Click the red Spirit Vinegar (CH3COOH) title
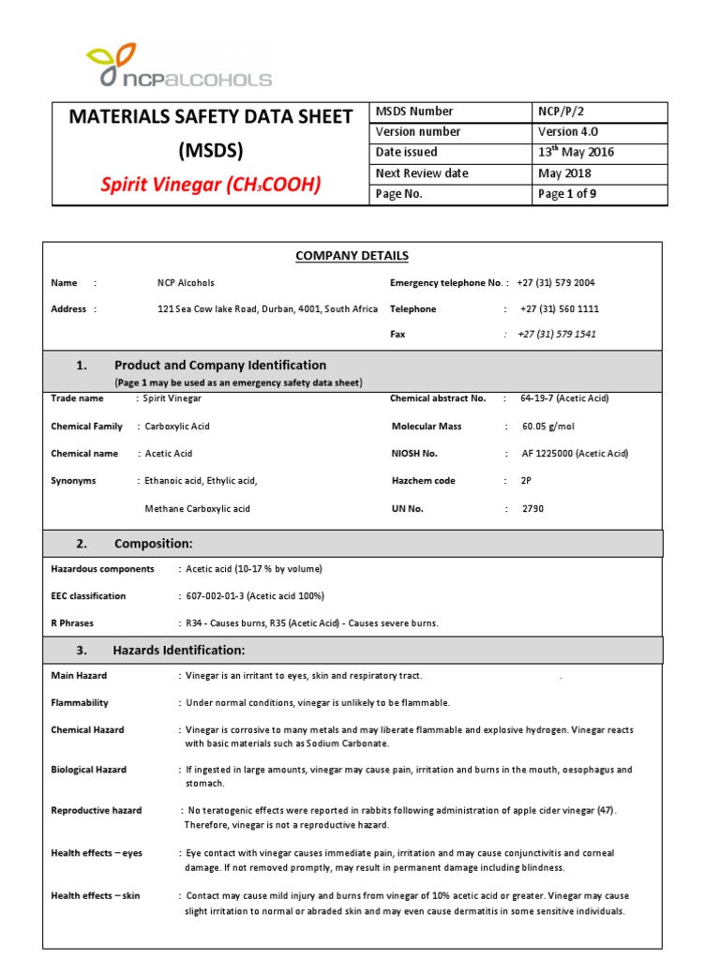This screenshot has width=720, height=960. (211, 185)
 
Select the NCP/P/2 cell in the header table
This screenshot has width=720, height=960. (561, 112)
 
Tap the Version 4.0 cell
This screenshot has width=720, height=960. (567, 132)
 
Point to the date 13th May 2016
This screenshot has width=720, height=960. (576, 153)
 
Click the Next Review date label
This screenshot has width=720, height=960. (422, 173)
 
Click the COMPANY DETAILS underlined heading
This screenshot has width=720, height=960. (352, 256)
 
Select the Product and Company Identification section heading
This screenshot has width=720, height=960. (220, 365)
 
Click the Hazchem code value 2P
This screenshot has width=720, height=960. (526, 481)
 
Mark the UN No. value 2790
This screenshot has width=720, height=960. (532, 509)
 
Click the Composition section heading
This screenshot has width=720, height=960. (154, 544)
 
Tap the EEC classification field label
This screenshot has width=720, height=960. (88, 596)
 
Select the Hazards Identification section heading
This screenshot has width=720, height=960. (179, 650)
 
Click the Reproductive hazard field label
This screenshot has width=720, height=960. (97, 810)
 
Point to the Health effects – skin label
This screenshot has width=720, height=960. (95, 896)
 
